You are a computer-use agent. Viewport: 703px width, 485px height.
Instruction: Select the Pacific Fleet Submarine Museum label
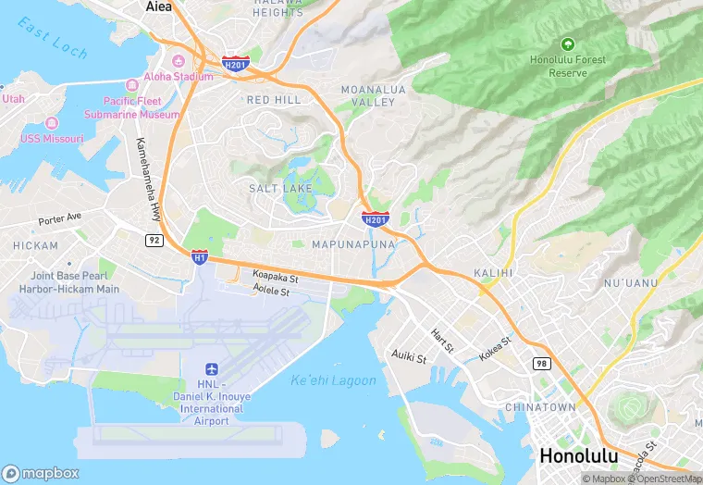click(x=141, y=107)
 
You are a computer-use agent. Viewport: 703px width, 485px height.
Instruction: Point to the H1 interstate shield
click(x=199, y=256)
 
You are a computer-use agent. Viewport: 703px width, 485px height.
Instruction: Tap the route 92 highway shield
click(x=154, y=240)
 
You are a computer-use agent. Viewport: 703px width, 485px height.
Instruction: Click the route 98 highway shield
click(x=540, y=364)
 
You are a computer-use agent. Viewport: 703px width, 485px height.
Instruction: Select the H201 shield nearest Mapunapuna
click(x=375, y=219)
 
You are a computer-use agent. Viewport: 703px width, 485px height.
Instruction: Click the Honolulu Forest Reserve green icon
click(x=567, y=44)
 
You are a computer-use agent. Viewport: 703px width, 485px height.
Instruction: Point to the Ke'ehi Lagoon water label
click(x=333, y=380)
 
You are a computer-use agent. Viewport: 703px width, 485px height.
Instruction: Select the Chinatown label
click(x=540, y=406)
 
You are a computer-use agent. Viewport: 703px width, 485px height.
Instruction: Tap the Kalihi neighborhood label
click(x=492, y=273)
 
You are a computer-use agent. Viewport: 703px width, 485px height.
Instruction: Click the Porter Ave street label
click(x=60, y=219)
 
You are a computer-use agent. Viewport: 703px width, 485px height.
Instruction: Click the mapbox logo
click(x=41, y=473)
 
